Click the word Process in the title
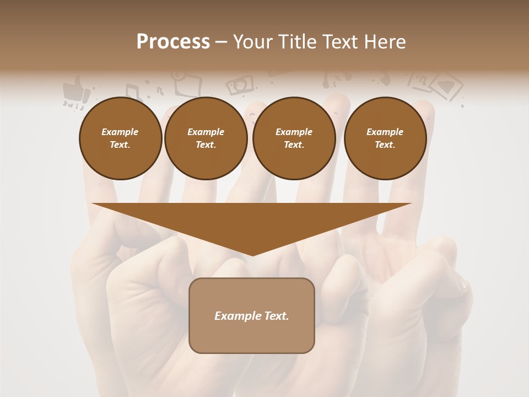pos(173,42)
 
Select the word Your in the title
pos(253,42)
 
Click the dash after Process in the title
pos(222,42)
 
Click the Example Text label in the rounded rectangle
pos(251,316)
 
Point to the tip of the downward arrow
pos(252,254)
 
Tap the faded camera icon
pos(240,84)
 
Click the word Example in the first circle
pos(120,132)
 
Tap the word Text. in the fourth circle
pos(385,144)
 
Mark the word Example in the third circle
pos(294,132)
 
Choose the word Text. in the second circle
pos(206,144)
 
